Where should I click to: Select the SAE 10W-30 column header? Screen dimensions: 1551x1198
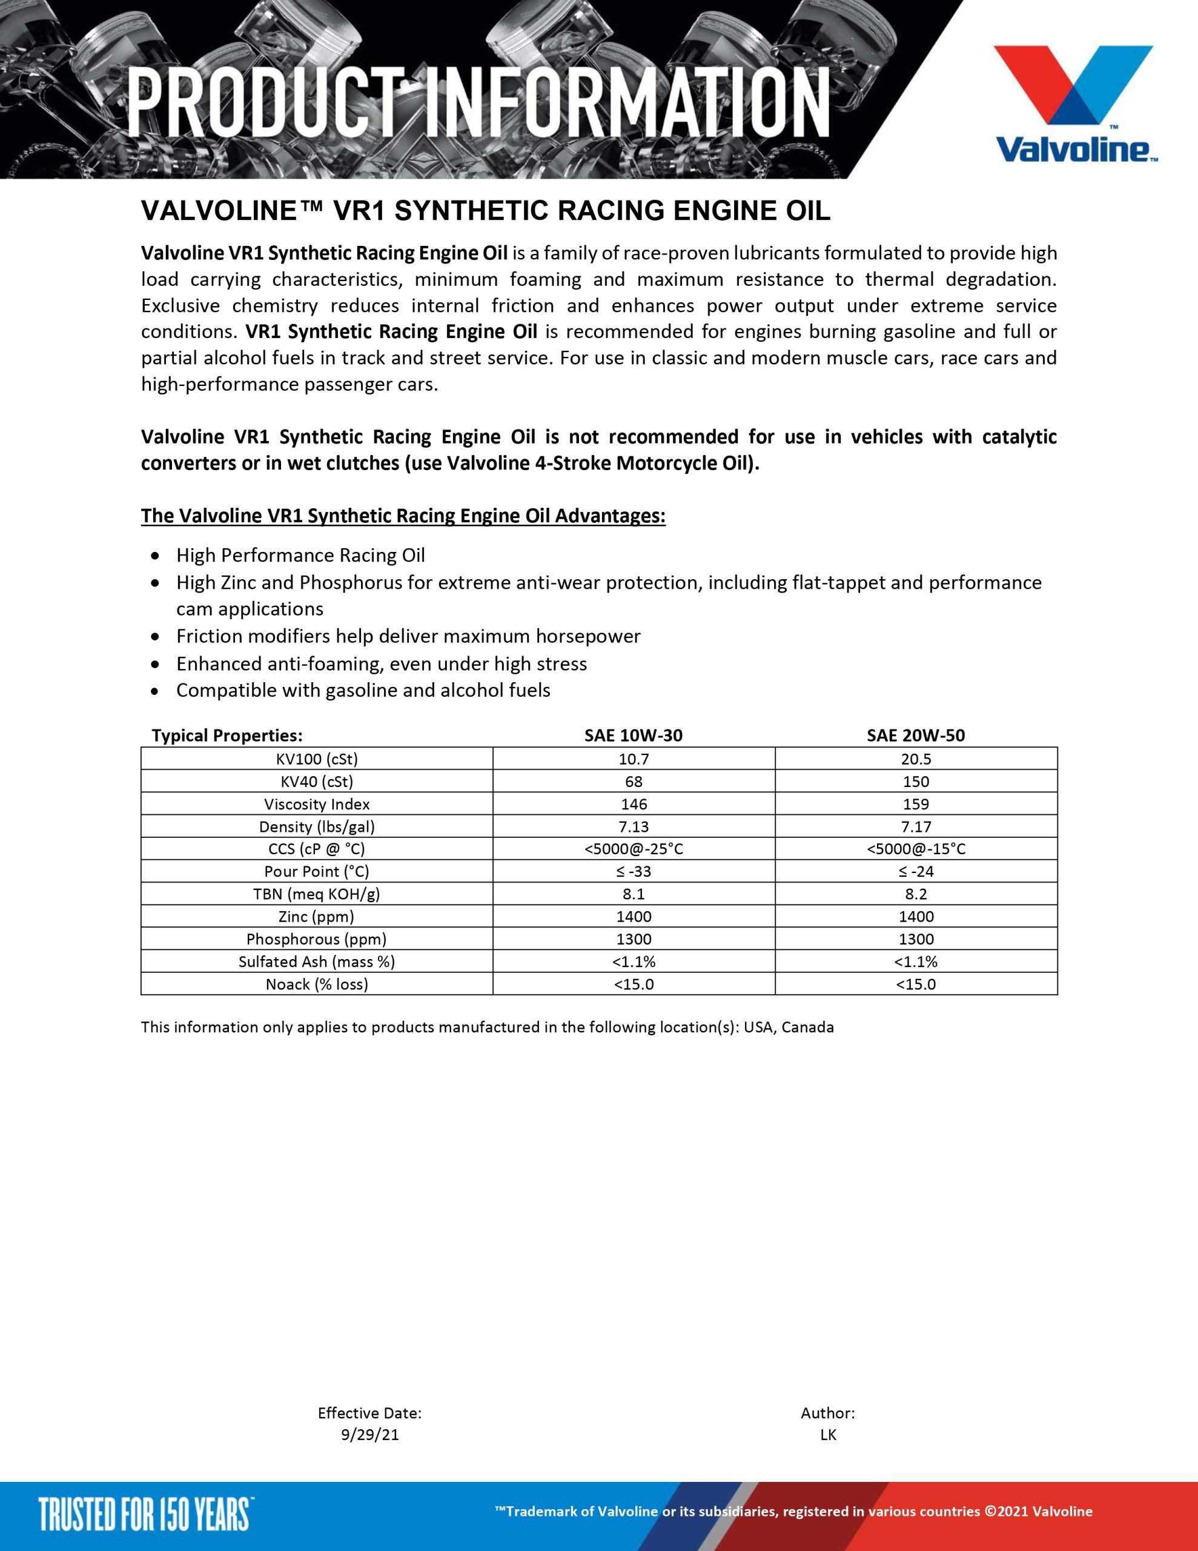pyautogui.click(x=634, y=735)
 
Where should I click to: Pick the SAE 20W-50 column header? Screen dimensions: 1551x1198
pyautogui.click(x=915, y=735)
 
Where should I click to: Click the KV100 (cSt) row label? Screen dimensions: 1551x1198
pyautogui.click(x=317, y=759)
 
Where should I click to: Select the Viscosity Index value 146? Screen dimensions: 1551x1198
pyautogui.click(x=634, y=804)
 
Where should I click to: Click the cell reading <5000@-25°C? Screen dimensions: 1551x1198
pyautogui.click(x=634, y=849)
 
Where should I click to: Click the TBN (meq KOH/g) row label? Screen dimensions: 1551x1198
pyautogui.click(x=317, y=894)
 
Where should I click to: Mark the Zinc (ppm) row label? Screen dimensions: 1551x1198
pyautogui.click(x=317, y=916)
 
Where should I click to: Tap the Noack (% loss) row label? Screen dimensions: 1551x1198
pyautogui.click(x=317, y=985)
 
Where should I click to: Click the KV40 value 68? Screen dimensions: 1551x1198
pyautogui.click(x=634, y=781)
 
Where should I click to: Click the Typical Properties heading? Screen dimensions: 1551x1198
pyautogui.click(x=227, y=735)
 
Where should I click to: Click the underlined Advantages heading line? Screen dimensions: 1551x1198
pyautogui.click(x=403, y=516)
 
